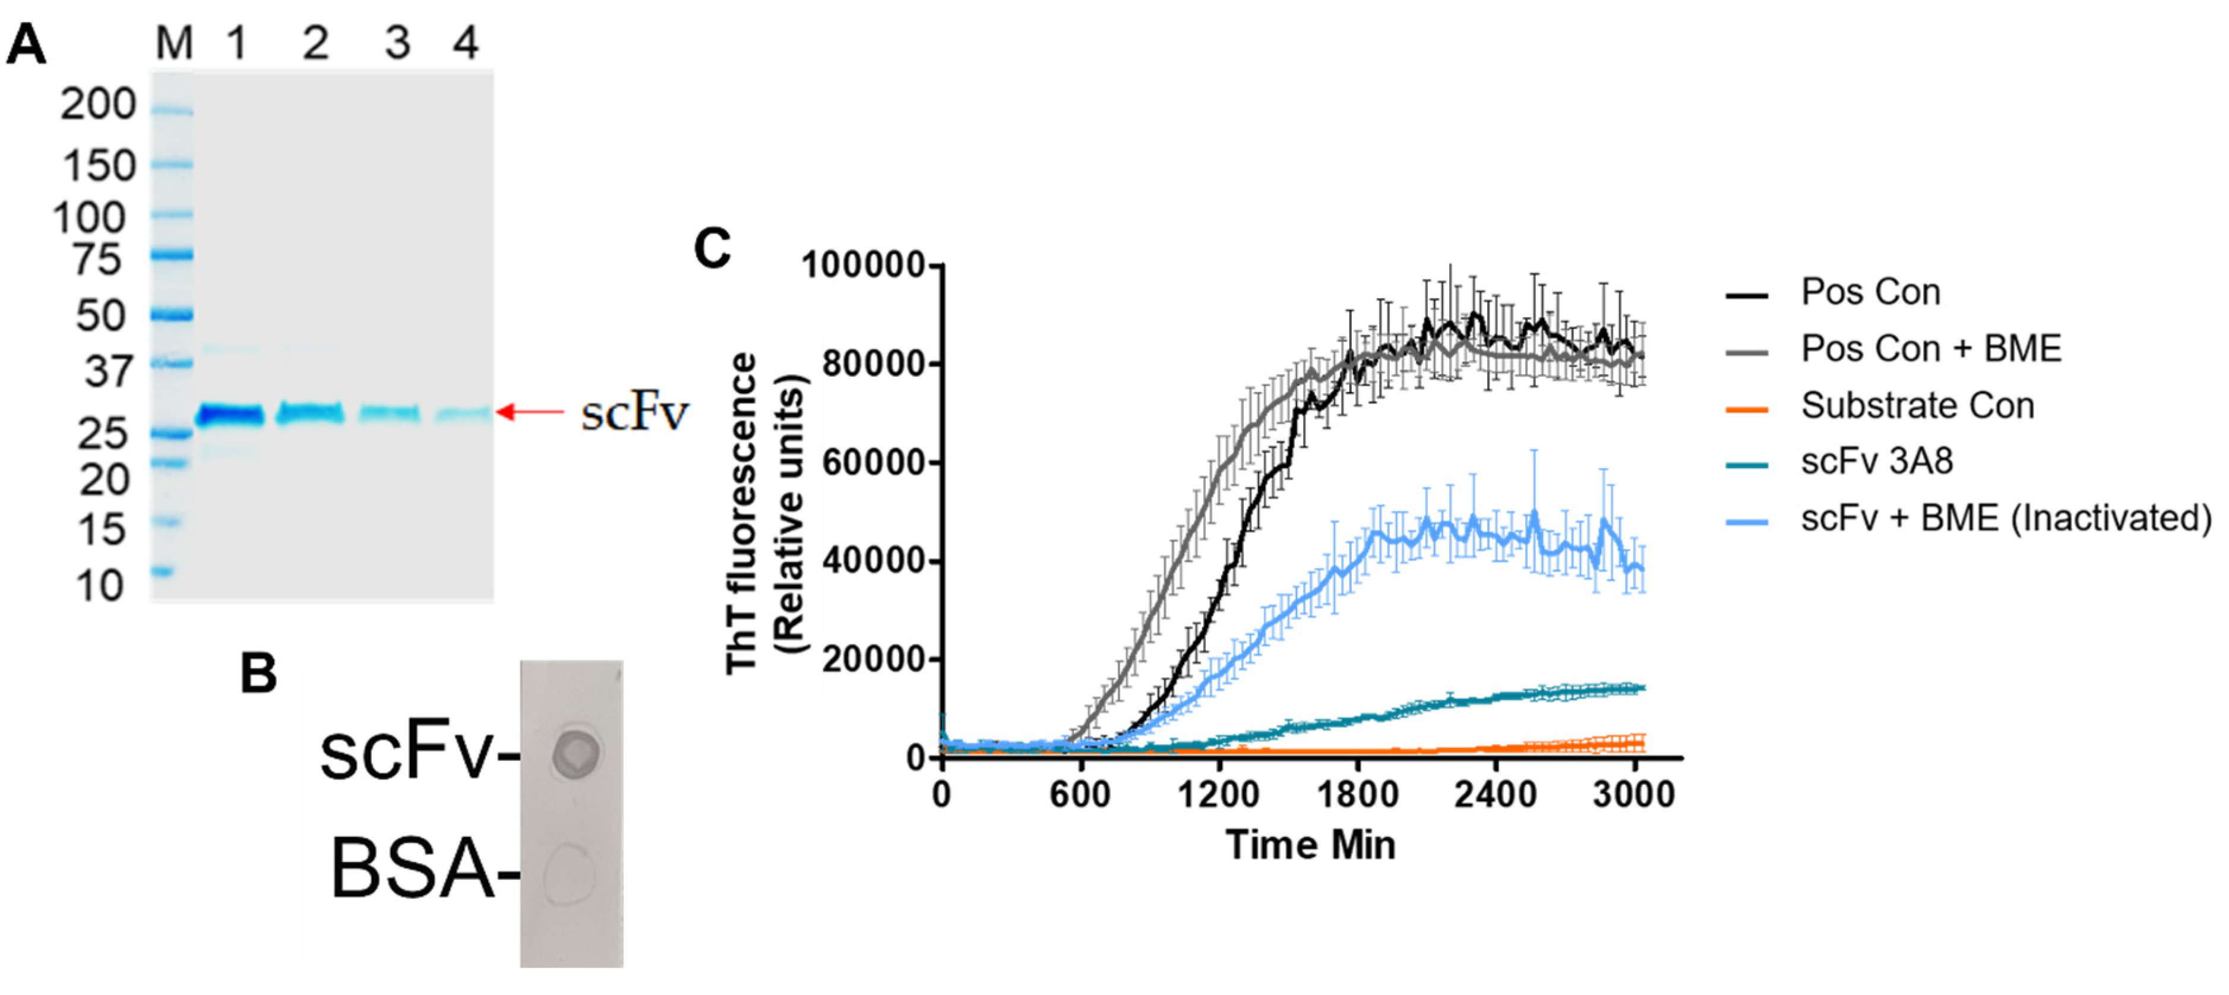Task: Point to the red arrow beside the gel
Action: (530, 412)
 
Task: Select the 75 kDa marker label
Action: (97, 259)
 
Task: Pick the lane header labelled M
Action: (174, 42)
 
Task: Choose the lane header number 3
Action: (397, 42)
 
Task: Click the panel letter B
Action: (258, 673)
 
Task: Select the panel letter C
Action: (712, 249)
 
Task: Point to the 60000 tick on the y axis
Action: (874, 462)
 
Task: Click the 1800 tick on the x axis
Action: (1357, 794)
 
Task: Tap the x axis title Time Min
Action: (1310, 845)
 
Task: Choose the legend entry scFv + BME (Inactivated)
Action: (2006, 517)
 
